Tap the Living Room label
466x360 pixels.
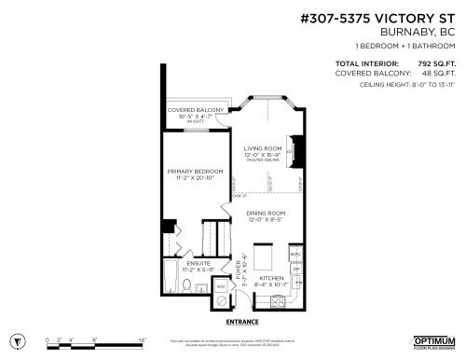[x=262, y=148]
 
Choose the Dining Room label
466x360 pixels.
[x=265, y=214]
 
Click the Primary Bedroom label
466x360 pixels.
[x=195, y=173]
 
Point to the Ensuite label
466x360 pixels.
[x=198, y=264]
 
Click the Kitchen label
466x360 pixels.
[x=271, y=278]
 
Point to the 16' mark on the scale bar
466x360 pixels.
[x=143, y=341]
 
